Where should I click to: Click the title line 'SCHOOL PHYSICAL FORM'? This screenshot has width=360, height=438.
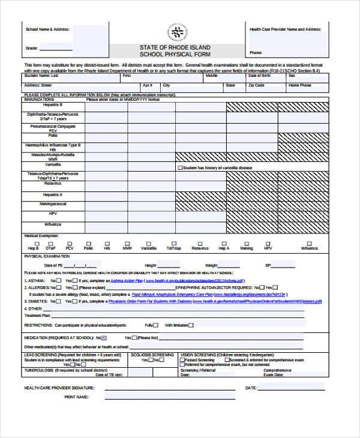pyautogui.click(x=175, y=54)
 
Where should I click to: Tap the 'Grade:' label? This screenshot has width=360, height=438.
pyautogui.click(x=32, y=48)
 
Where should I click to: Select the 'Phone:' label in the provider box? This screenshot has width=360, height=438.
pyautogui.click(x=256, y=52)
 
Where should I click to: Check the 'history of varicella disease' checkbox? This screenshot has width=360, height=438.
pyautogui.click(x=180, y=168)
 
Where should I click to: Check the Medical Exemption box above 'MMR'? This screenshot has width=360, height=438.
pyautogui.click(x=127, y=242)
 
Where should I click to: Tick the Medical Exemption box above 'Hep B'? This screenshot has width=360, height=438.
pyautogui.click(x=33, y=242)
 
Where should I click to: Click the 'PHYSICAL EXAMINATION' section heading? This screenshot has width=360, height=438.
pyautogui.click(x=47, y=256)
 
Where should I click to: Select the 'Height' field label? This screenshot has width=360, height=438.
pyautogui.click(x=151, y=265)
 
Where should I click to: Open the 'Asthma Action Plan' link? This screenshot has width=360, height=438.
pyautogui.click(x=126, y=280)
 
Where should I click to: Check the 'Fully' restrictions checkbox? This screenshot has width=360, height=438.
pyautogui.click(x=155, y=325)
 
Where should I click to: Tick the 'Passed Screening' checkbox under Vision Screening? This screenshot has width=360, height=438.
pyautogui.click(x=182, y=359)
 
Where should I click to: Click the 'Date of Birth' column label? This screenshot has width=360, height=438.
pyautogui.click(x=259, y=76)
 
